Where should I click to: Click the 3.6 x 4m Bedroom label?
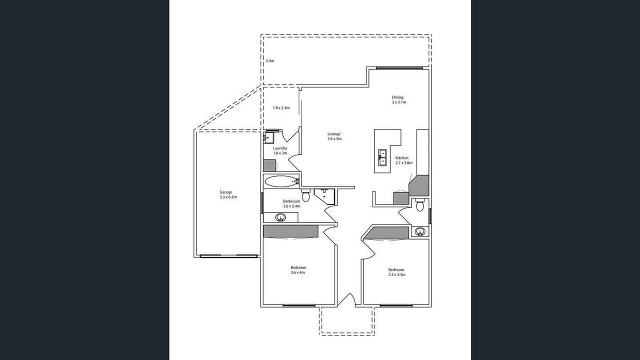pyautogui.click(x=298, y=270)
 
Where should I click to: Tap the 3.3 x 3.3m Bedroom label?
pyautogui.click(x=396, y=272)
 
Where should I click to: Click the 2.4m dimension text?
pyautogui.click(x=270, y=61)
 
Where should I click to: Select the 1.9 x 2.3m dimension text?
pyautogui.click(x=281, y=108)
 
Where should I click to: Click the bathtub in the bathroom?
pyautogui.click(x=281, y=181)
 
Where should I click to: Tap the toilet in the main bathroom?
pyautogui.click(x=305, y=195)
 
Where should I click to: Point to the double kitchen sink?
pyautogui.click(x=382, y=157)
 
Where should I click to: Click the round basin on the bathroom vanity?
pyautogui.click(x=280, y=217)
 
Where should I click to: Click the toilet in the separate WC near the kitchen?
pyautogui.click(x=419, y=204)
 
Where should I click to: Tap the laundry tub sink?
pyautogui.click(x=268, y=137)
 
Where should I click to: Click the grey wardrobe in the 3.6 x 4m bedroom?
pyautogui.click(x=290, y=231)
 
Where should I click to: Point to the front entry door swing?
pyautogui.click(x=346, y=300)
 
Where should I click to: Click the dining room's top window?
pyautogui.click(x=399, y=68)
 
